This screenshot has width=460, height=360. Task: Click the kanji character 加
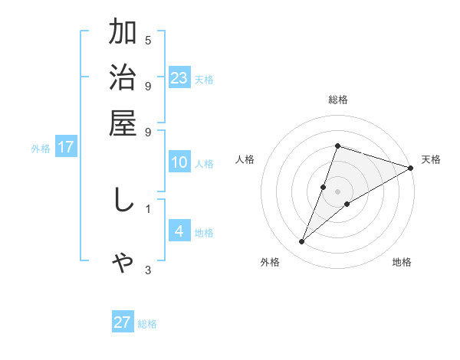click(x=123, y=34)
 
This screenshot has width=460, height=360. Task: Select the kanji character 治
click(x=123, y=79)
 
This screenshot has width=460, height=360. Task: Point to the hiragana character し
click(x=123, y=200)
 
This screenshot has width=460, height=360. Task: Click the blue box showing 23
click(x=179, y=77)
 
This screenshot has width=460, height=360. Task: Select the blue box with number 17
click(x=66, y=147)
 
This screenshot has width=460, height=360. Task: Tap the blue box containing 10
click(x=179, y=162)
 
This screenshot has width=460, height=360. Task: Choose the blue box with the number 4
click(x=179, y=231)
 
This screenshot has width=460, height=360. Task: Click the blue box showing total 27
click(x=123, y=322)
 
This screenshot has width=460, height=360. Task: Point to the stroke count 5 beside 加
click(x=148, y=40)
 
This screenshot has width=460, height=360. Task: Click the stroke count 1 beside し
click(x=148, y=208)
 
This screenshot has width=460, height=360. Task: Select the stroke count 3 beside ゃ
click(x=148, y=270)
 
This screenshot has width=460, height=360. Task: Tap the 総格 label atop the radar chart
click(x=338, y=100)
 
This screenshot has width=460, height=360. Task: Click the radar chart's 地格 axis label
click(x=402, y=262)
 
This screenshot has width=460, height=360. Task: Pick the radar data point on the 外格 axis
click(x=301, y=242)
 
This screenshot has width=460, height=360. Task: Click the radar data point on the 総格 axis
click(x=337, y=146)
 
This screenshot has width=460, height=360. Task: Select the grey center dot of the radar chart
click(x=337, y=191)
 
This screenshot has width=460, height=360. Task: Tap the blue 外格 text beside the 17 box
click(x=41, y=149)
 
